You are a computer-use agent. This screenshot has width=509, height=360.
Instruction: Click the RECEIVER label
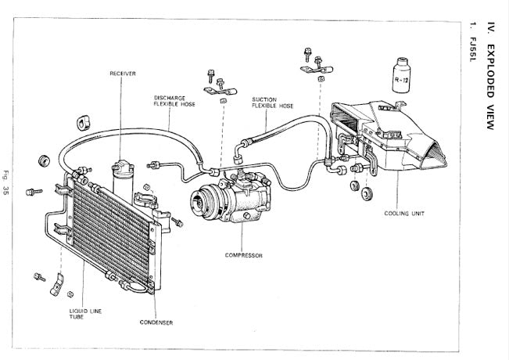(x=123, y=74)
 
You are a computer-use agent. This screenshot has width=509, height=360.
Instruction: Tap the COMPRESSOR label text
(x=243, y=255)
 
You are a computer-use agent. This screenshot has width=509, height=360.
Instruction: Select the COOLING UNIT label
(x=404, y=214)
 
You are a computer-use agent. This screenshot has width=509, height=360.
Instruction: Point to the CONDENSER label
(x=156, y=322)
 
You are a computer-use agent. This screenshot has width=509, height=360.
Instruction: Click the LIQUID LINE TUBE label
(x=85, y=314)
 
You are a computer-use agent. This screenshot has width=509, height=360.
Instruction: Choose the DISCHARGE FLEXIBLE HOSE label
(x=174, y=101)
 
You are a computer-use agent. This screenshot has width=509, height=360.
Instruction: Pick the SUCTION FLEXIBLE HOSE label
(x=273, y=103)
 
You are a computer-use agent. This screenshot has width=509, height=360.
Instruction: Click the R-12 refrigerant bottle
(x=401, y=75)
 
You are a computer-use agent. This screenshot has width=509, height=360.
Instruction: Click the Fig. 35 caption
(x=5, y=182)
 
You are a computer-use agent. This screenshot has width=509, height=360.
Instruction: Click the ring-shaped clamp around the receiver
(x=145, y=200)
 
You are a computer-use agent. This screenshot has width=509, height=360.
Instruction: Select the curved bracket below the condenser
(x=57, y=285)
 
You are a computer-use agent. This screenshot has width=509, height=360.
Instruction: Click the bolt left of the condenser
(x=34, y=192)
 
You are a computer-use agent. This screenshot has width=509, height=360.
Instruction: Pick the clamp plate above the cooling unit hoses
(x=317, y=69)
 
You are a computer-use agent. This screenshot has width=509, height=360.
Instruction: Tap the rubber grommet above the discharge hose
(x=84, y=123)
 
